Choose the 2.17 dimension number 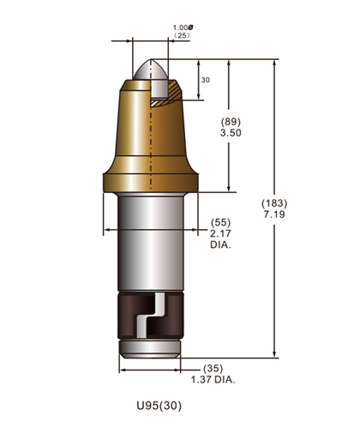click(x=220, y=233)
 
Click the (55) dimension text click(x=221, y=222)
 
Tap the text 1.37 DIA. click(x=212, y=378)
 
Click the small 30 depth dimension click(x=205, y=80)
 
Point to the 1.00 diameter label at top click(x=182, y=29)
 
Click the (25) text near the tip click(x=181, y=38)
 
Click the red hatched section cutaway click(x=168, y=89)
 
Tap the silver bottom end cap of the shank click(x=149, y=350)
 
